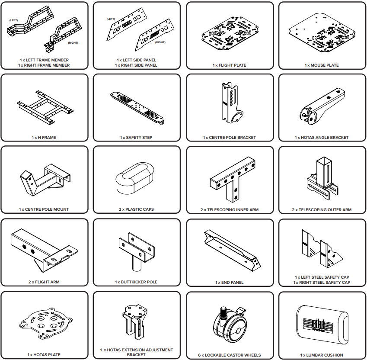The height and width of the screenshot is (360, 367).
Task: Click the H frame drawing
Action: tap(45, 107)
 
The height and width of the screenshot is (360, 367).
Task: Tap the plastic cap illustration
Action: tap(135, 178)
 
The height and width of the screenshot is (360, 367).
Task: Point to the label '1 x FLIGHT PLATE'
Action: tap(230, 65)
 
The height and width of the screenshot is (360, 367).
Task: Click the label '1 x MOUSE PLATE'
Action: tap(322, 65)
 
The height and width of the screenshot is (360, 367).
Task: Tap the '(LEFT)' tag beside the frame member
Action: tap(13, 20)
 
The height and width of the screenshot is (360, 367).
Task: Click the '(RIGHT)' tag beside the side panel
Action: tap(160, 42)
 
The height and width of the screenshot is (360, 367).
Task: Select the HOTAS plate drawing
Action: tap(46, 323)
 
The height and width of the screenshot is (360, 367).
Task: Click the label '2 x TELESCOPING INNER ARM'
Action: tap(230, 210)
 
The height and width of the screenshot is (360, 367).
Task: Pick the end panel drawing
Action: tap(233, 251)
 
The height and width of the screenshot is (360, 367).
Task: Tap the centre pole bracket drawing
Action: tap(230, 103)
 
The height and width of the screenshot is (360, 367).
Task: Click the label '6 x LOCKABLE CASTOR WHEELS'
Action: tap(230, 355)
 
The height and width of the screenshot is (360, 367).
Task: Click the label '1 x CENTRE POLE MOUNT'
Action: tap(44, 209)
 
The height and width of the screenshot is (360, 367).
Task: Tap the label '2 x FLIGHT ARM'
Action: tap(44, 282)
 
